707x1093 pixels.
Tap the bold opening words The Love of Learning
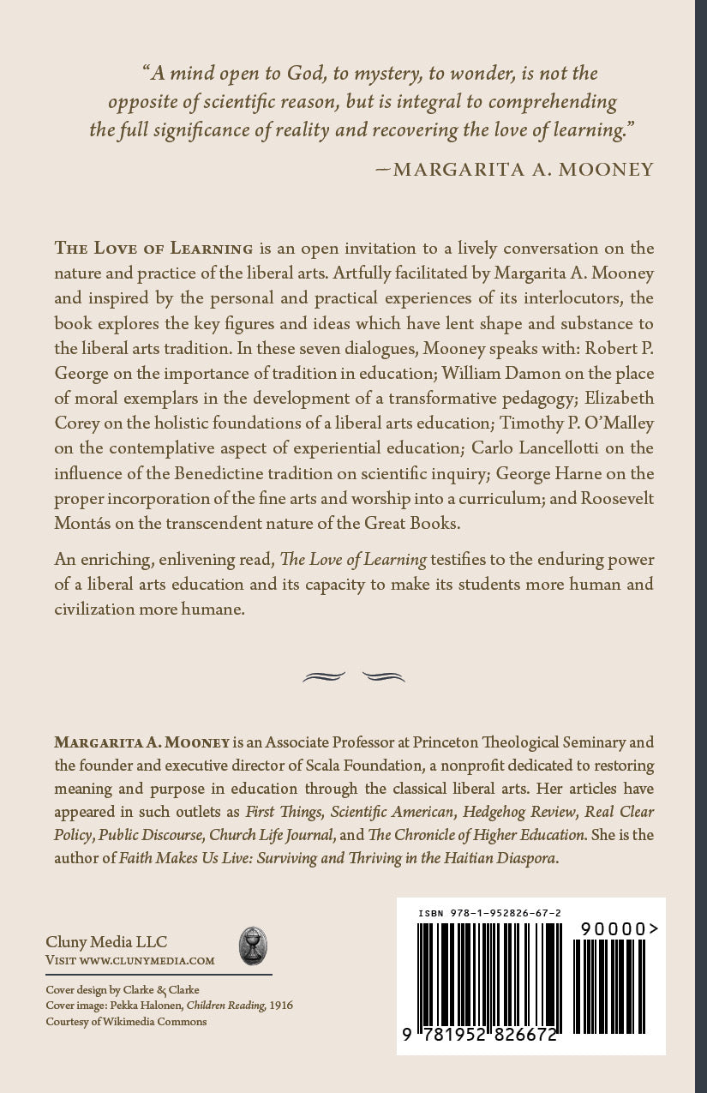point(153,249)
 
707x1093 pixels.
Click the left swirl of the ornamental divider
point(324,676)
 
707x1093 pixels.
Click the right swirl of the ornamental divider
point(383,676)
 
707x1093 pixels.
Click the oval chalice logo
point(252,946)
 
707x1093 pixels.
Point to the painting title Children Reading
point(225,1006)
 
